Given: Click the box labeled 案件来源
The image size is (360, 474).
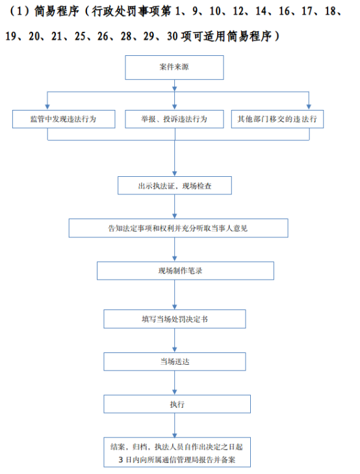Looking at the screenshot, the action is tap(174, 68).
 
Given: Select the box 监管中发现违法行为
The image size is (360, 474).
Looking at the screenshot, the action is tap(64, 119).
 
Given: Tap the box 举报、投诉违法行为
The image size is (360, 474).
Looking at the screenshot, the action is tap(174, 119).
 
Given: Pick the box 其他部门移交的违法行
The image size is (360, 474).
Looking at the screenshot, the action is tap(277, 119).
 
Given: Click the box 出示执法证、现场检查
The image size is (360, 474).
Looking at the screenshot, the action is tap(175, 185).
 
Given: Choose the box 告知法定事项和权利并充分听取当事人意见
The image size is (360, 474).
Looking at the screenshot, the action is tap(178, 228).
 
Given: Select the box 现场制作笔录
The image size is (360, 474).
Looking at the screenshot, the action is tap(185, 270).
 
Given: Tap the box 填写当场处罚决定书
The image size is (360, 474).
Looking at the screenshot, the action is tap(175, 319).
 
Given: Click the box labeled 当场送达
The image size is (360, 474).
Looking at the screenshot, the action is tap(175, 362).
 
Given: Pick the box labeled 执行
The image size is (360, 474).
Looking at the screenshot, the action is tap(177, 404).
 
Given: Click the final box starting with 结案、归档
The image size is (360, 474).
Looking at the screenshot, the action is tap(177, 453).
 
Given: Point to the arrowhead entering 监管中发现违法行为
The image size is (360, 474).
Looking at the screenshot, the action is tap(47, 107).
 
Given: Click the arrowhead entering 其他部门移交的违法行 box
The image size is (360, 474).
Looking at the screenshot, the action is tap(309, 107).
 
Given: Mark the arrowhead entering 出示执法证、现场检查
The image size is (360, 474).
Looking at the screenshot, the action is tap(175, 174).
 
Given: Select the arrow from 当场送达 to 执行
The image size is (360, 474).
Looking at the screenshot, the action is tap(175, 383).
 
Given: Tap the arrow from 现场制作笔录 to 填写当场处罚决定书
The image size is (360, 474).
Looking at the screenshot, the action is tap(175, 295).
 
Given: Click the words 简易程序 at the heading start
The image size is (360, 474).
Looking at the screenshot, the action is tap(57, 11).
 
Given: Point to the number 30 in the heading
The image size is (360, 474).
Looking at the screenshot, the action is tap(172, 36).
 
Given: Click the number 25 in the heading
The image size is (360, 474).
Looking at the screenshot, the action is tap(80, 36).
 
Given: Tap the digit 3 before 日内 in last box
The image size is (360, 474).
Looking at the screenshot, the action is tap(120, 460).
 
